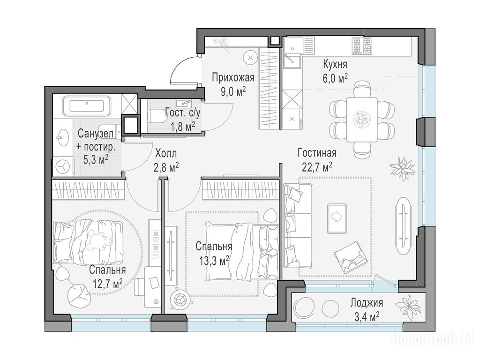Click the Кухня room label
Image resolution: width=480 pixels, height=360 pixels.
click(335, 65)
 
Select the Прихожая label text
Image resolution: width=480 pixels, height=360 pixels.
click(233, 77)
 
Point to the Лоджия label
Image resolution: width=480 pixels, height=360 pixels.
click(367, 303)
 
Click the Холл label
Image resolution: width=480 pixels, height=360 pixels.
click(166, 153)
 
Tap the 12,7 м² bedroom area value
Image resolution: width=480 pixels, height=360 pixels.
click(107, 285)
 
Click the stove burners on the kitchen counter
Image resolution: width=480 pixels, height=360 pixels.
click(361, 46)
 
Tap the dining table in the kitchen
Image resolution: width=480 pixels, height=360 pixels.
click(362, 120)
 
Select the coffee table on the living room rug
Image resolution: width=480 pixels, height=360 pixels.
click(337, 217)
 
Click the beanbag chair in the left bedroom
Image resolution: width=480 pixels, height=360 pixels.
click(79, 296)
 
